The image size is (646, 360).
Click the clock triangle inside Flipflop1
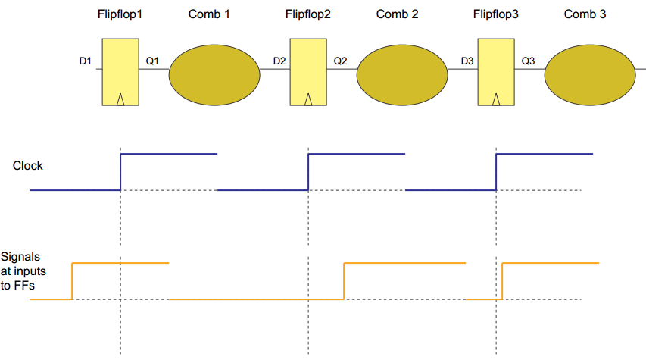pyautogui.click(x=120, y=99)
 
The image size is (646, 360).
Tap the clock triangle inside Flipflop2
pyautogui.click(x=308, y=99)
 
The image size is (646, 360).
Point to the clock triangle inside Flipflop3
pyautogui.click(x=496, y=99)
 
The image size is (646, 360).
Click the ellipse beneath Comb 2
pyautogui.click(x=401, y=74)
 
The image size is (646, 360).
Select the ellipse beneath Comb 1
pyautogui.click(x=214, y=74)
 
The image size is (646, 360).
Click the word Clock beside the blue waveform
pyautogui.click(x=28, y=165)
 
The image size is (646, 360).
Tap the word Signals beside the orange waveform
pyautogui.click(x=20, y=258)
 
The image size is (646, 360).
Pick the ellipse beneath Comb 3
pyautogui.click(x=589, y=74)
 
